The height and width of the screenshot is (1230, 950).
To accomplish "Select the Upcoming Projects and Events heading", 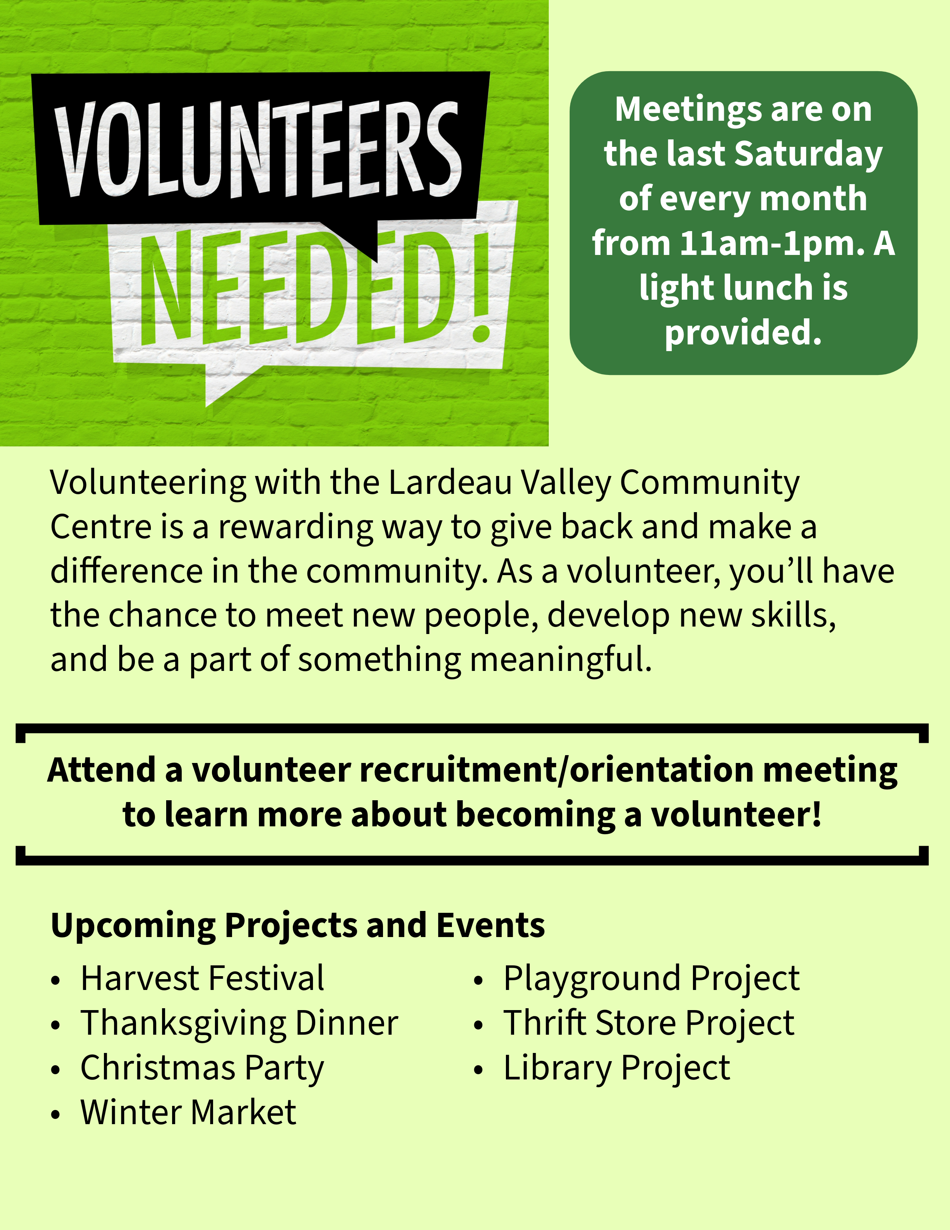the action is tap(298, 925).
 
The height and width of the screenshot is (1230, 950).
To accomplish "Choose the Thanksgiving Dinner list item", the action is tap(239, 1023).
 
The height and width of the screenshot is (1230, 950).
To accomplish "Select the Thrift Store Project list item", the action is tap(648, 1023).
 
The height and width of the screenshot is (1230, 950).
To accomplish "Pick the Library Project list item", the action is tap(616, 1068).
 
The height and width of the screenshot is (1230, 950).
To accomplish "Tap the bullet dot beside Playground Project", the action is tap(478, 981).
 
